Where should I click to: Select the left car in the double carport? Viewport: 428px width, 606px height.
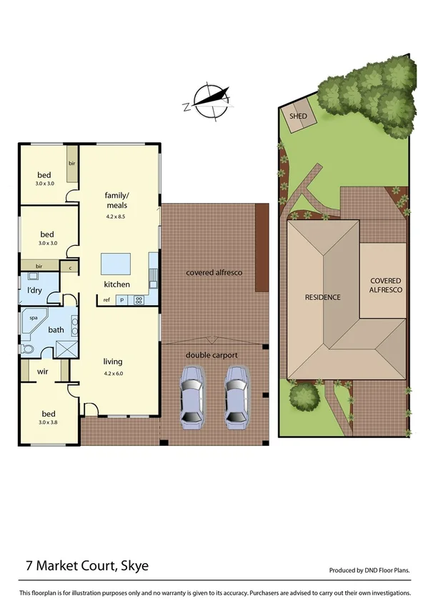point(191,397)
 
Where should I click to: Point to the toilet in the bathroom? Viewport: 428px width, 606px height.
point(27,349)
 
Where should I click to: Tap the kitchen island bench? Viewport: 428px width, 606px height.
point(115,264)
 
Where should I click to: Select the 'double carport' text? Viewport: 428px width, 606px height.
point(211,354)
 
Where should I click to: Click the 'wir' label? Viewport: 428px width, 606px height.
point(42,372)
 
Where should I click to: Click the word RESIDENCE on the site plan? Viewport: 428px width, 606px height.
point(322,297)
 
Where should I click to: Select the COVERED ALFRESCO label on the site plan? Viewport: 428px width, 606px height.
point(386,286)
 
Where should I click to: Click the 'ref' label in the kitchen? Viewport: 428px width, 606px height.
point(106,300)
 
